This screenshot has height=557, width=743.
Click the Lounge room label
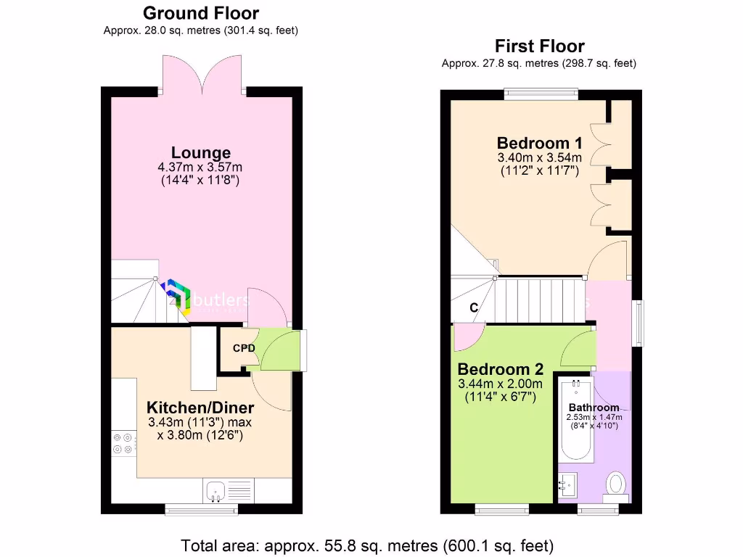(x=201, y=152)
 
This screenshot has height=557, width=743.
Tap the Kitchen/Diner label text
(x=200, y=407)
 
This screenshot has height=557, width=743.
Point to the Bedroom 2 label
(x=500, y=368)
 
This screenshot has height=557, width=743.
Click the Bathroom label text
(x=594, y=407)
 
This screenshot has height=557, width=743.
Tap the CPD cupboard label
(x=244, y=348)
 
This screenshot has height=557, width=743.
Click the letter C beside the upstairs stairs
(x=474, y=308)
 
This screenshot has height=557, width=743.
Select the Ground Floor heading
(x=201, y=13)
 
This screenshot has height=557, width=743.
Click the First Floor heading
(x=539, y=46)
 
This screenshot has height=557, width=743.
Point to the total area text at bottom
(x=367, y=545)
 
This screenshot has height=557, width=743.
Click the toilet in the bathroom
(x=616, y=482)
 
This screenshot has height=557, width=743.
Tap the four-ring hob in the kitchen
(x=122, y=443)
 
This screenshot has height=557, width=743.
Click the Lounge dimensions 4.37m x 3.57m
(x=201, y=167)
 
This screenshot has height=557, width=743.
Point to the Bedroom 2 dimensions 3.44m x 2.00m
(x=500, y=384)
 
